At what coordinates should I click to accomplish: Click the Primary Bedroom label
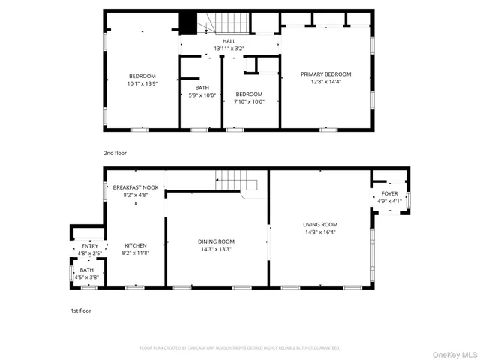coord(325,74)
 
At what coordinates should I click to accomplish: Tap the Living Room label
coord(320,224)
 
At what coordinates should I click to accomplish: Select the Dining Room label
coord(215,241)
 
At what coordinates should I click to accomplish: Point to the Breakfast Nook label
coord(136,187)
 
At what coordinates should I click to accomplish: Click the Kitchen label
coord(136,245)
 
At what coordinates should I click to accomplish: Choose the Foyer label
coord(389,193)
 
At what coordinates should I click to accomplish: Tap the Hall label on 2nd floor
coord(229,41)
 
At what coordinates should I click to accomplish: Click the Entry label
coord(89,246)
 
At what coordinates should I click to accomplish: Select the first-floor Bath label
coord(87,270)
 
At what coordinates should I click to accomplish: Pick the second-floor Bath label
coord(193,87)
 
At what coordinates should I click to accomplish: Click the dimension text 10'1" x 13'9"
coord(142,83)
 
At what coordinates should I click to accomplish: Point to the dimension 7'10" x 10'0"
coord(249,102)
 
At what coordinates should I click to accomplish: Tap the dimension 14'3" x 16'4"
coord(320,232)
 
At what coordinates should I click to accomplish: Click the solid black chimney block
coord(187,24)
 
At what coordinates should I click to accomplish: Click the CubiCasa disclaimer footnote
coord(240,347)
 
